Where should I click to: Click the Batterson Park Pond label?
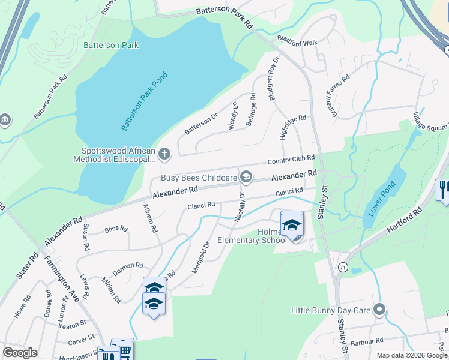145,101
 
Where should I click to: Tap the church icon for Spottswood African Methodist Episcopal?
164,155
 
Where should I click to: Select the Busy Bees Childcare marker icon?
246,176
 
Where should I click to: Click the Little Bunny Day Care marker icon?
379,310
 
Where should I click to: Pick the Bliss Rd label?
116,229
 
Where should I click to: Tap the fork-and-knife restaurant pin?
442,190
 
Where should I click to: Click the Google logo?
20,352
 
